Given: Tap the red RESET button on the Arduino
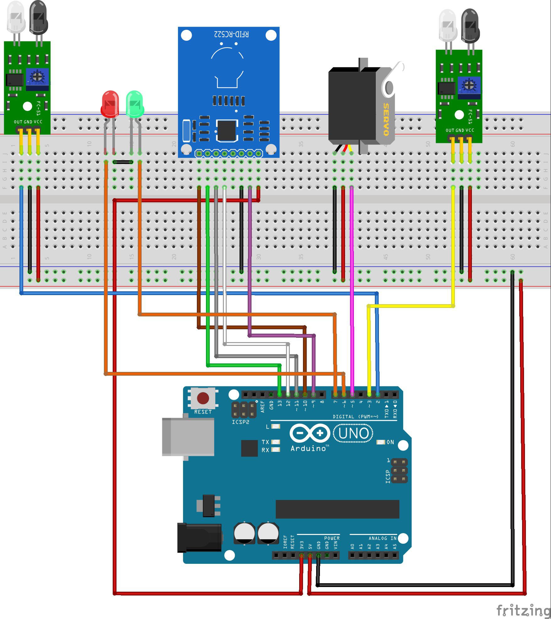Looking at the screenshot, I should pos(203,398).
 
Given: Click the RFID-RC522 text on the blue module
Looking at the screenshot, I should pos(231,34).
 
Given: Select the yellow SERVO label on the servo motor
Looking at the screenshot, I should pos(386,119).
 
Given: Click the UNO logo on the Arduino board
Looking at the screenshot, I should pos(354,433).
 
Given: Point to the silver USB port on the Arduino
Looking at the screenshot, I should pos(188,436).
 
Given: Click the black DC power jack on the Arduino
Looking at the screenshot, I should pos(199,538).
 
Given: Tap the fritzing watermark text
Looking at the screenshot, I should pos(523,610).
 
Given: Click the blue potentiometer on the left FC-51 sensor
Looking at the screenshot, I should pos(37,77).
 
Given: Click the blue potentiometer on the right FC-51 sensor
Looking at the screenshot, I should pos(469,85).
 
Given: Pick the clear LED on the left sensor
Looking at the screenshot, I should pos(16,17).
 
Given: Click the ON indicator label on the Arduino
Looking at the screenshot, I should pos(390,442).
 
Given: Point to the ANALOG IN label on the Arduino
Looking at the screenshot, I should pos(382,538).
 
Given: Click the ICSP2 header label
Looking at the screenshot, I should pos(240,422).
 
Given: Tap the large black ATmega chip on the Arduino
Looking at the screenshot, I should pos(337,509).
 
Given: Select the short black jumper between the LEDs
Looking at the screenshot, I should pos(123,162).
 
